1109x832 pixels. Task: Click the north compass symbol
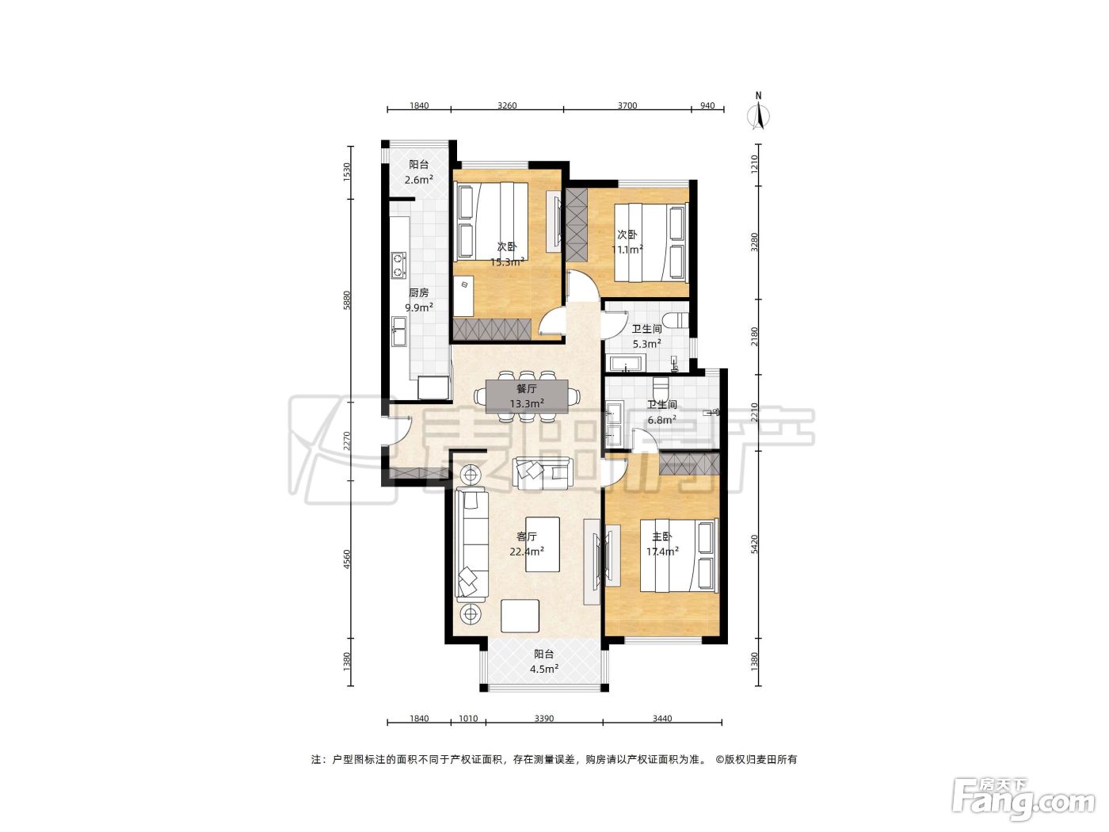point(758,113)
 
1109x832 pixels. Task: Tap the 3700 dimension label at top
point(627,105)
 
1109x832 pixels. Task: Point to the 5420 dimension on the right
point(754,544)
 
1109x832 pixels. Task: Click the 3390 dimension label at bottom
point(544,719)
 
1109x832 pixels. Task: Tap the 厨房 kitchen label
point(419,292)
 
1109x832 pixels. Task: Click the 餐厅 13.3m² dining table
point(527,396)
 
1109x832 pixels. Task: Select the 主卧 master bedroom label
point(662,536)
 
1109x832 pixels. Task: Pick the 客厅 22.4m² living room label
point(527,544)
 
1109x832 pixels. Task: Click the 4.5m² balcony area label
point(543,670)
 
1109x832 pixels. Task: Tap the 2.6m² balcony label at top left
point(419,179)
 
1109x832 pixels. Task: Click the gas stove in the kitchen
point(398,265)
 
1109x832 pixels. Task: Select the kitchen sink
point(399,331)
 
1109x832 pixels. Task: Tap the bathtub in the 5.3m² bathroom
point(627,363)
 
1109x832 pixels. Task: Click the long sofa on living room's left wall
point(472,544)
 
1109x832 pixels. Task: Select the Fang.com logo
point(1023,800)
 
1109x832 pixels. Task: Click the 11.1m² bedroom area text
point(627,250)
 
